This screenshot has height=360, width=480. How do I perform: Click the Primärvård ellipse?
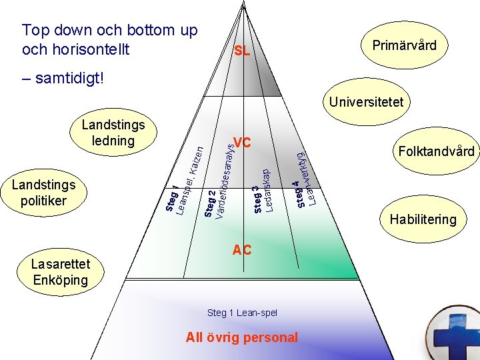pyautogui.click(x=404, y=45)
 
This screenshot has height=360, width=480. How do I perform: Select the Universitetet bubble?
pyautogui.click(x=366, y=102)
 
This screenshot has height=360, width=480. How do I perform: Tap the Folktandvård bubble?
pyautogui.click(x=436, y=151)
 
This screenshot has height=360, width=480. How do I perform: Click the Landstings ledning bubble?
pyautogui.click(x=113, y=133)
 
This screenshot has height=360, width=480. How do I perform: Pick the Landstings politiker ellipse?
pyautogui.click(x=44, y=192)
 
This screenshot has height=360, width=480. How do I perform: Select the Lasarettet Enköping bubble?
pyautogui.click(x=60, y=272)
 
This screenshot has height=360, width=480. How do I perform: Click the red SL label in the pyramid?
pyautogui.click(x=242, y=51)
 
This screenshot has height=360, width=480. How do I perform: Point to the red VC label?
pyautogui.click(x=242, y=143)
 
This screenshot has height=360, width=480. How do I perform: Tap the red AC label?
pyautogui.click(x=242, y=250)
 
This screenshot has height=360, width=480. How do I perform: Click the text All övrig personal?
pyautogui.click(x=242, y=337)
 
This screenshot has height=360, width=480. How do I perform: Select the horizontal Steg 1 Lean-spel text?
pyautogui.click(x=242, y=312)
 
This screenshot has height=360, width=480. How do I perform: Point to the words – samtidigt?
pyautogui.click(x=63, y=78)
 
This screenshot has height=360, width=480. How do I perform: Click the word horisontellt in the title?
pyautogui.click(x=87, y=49)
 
